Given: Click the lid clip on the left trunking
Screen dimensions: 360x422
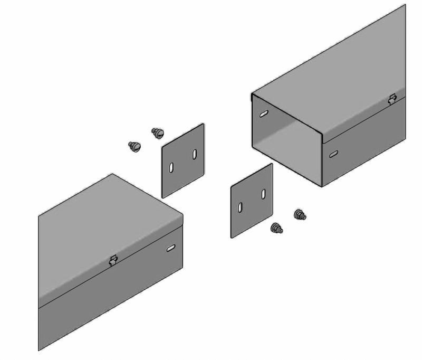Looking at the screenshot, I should click(x=112, y=260).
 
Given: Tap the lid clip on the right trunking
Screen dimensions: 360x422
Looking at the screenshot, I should click(x=392, y=99).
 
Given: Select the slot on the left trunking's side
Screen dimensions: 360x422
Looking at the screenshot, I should click(x=170, y=248).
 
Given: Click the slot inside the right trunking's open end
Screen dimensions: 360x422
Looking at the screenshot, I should click(x=263, y=113).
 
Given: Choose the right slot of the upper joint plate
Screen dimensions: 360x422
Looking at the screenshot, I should click(x=194, y=154).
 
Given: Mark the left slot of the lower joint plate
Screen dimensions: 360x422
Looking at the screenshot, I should click(x=241, y=207).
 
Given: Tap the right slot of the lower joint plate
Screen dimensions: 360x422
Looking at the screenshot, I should click(x=263, y=194).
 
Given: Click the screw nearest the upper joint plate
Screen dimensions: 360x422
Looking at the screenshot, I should click(x=157, y=132).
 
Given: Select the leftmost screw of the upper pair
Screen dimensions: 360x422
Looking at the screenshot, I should click(x=135, y=146).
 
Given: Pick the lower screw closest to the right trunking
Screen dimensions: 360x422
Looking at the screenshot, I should click(x=300, y=214).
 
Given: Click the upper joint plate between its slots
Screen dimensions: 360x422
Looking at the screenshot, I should click(x=183, y=161).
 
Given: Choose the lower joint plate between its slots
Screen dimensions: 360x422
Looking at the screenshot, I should click(x=252, y=201).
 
